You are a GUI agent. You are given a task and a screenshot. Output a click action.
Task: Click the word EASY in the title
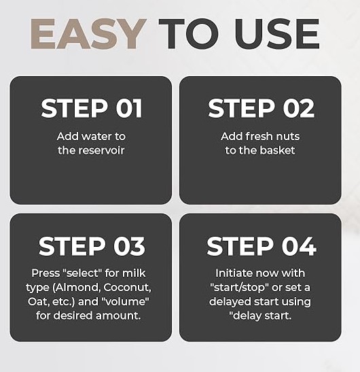[x=88, y=34]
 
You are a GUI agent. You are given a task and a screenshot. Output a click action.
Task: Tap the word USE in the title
[x=277, y=34]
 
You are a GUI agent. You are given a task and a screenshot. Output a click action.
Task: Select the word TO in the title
[x=189, y=34]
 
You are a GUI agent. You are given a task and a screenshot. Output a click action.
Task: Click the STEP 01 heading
[x=92, y=108]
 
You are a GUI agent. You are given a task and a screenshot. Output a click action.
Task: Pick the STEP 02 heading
[x=262, y=108]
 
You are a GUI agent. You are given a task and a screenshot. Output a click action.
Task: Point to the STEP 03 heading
[x=92, y=246]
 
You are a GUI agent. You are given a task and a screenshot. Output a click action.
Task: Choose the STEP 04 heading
[x=262, y=246]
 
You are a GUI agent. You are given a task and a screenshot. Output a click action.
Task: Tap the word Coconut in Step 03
[x=127, y=287]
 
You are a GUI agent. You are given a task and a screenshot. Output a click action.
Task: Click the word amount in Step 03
[x=118, y=316]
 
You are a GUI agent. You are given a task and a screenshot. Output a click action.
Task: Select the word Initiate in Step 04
[x=234, y=273]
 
